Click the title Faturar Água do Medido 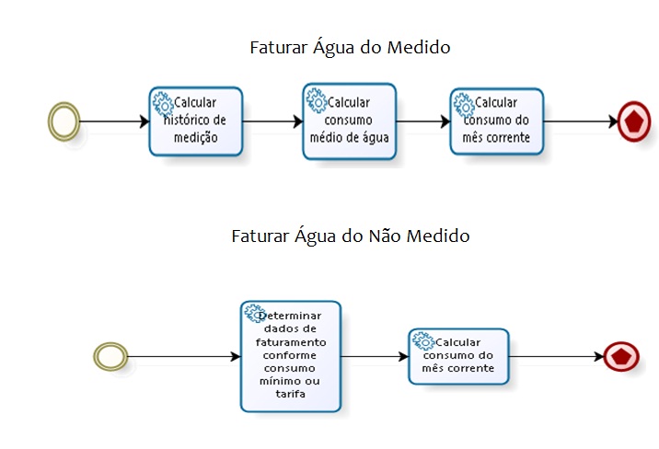click(x=350, y=47)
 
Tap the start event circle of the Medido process click(x=64, y=121)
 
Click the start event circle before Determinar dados click(x=110, y=356)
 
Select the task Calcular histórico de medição click(x=195, y=121)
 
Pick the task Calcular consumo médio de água click(x=349, y=123)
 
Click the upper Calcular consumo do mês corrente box click(x=497, y=121)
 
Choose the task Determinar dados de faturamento click(x=291, y=356)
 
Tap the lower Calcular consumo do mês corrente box click(x=458, y=356)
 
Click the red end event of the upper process click(x=633, y=121)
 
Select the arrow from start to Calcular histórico click(x=114, y=121)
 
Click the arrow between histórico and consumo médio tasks click(x=272, y=121)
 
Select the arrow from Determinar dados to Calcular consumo click(x=375, y=356)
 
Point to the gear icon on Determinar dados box click(x=254, y=313)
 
